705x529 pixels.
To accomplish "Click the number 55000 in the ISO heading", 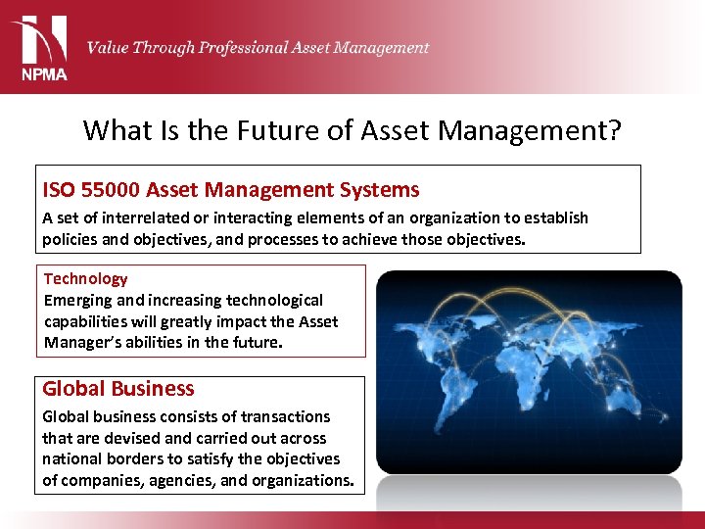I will click(x=110, y=190).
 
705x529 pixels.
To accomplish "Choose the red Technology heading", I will click(x=85, y=278).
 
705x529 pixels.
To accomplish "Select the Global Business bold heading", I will click(x=117, y=389).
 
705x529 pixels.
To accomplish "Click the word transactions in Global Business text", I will click(x=285, y=416).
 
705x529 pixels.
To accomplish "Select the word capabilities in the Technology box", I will click(x=90, y=321).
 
